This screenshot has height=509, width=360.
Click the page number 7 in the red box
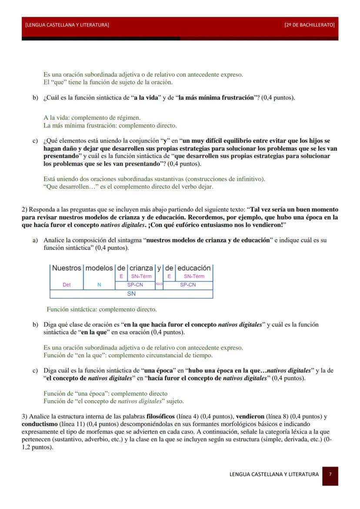point(330,474)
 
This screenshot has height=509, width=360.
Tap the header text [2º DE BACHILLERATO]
point(309,25)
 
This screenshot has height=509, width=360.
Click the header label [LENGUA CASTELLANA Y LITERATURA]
point(67,25)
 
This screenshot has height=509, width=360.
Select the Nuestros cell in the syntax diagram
point(67,268)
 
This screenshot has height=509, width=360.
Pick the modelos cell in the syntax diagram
point(99,268)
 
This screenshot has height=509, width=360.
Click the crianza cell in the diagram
point(141,268)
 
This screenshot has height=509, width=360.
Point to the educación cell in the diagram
point(193,268)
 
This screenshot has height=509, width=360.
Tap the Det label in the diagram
point(67,285)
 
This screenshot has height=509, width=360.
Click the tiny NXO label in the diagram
point(159,284)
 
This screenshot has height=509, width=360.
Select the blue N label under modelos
point(99,285)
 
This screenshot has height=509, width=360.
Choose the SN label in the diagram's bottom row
point(131,293)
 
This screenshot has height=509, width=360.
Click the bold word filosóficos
point(161,416)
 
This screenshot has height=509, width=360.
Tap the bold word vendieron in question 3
point(250,416)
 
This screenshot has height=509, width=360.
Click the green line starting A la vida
point(92,118)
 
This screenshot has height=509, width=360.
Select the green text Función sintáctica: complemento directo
point(102,309)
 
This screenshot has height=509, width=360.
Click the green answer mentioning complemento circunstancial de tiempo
point(128,355)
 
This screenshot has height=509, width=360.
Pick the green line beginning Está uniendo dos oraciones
point(154,179)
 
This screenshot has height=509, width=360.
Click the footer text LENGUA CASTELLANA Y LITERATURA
point(274,474)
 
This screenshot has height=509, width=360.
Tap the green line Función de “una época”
point(105,393)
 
